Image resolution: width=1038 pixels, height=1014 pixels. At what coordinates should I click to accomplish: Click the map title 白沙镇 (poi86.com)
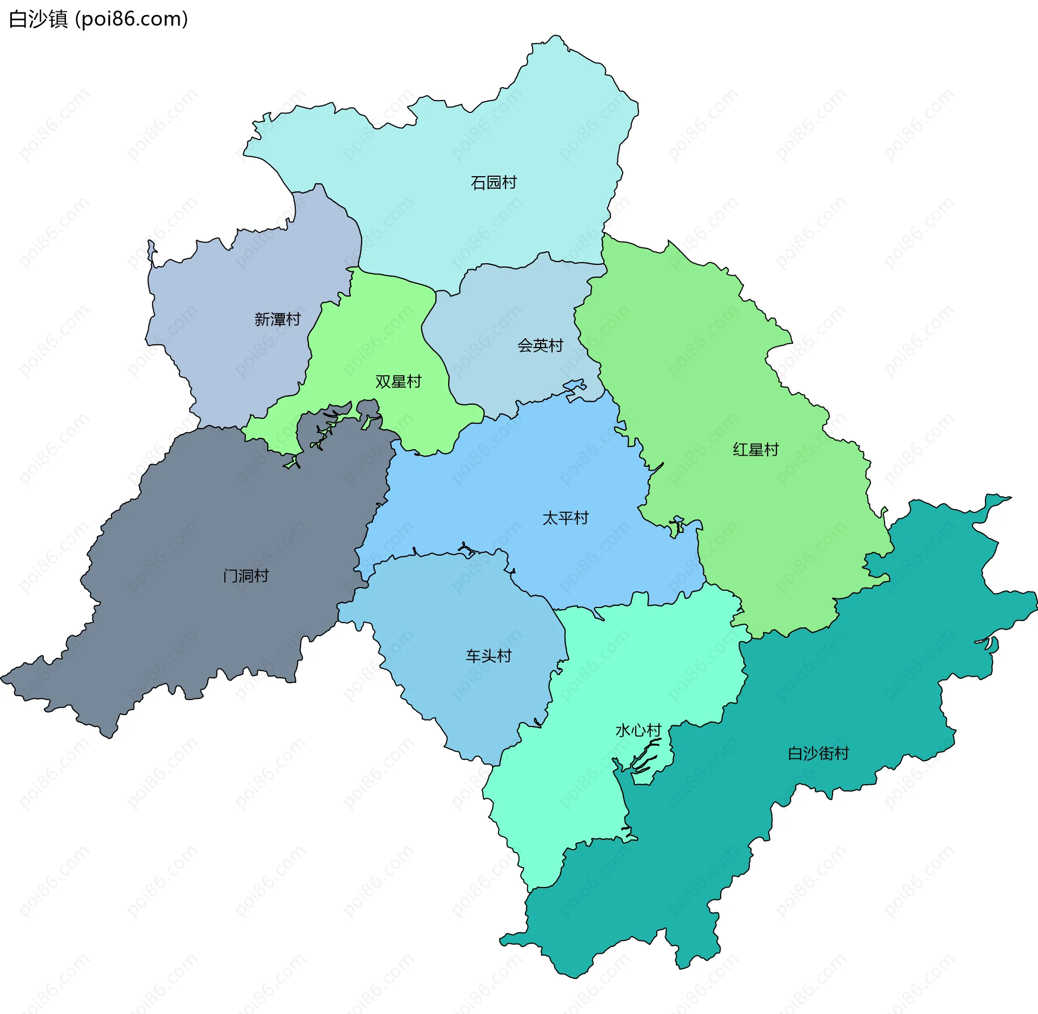pos(98,19)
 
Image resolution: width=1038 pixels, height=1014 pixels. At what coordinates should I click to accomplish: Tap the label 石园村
pos(494,183)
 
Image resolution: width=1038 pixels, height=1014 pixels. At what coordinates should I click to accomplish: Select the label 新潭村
pos(277,319)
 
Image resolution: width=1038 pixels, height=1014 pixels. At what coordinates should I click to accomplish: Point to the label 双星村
pos(398,382)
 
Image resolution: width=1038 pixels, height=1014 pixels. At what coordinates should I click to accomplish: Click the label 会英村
pos(540,345)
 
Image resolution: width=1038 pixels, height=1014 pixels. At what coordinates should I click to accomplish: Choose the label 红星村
pos(755,450)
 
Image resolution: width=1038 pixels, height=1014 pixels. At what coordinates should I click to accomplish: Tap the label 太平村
pos(565,518)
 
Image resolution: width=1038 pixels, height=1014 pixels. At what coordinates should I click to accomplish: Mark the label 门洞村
pos(246,576)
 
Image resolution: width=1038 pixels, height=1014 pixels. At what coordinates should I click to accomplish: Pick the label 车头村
pos(489,656)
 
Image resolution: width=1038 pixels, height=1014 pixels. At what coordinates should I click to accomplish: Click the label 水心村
pos(638,731)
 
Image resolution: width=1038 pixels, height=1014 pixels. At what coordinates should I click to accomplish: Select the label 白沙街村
pos(818,753)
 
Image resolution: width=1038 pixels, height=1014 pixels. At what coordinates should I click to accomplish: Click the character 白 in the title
pos(18,19)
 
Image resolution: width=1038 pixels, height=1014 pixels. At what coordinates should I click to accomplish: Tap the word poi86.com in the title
pos(131,19)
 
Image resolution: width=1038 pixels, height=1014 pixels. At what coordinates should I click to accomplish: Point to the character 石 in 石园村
pos(478,183)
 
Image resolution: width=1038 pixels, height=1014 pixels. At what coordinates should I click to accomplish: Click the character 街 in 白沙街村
pos(826,753)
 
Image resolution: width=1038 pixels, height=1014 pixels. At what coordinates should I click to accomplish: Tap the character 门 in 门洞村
pos(230,576)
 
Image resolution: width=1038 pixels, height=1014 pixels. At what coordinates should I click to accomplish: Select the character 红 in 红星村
pos(740,450)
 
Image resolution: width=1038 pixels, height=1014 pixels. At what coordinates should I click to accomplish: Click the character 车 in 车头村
pos(473,656)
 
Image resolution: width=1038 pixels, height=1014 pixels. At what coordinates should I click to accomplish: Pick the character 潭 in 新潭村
pos(277,319)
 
